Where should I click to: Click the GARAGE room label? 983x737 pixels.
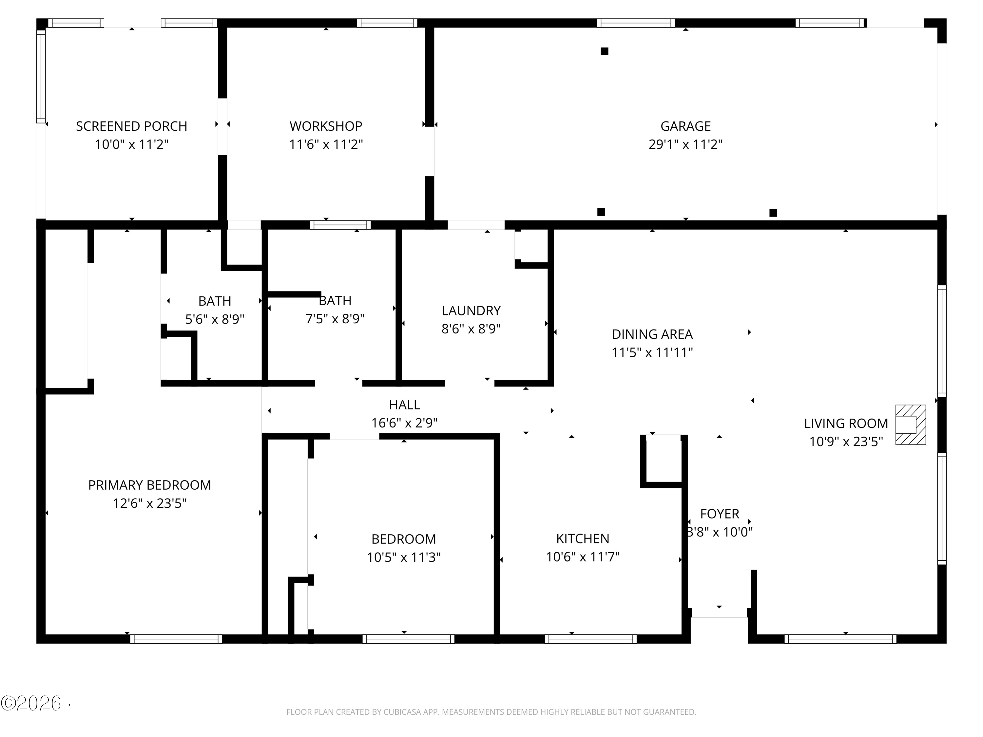685,126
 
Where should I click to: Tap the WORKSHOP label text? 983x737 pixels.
326,126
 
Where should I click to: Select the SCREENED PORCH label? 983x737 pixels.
131,126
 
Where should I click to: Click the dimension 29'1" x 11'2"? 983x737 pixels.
685,144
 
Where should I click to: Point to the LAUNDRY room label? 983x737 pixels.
471,311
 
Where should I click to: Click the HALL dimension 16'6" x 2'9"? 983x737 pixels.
404,423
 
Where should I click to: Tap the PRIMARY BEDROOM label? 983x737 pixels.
149,485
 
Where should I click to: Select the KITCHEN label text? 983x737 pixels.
583,539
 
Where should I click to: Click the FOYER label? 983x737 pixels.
720,514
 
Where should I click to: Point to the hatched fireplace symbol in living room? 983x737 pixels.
910,425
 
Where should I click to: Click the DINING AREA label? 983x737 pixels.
652,334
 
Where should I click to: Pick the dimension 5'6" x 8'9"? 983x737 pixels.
215,319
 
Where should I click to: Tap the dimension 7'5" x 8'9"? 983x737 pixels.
335,318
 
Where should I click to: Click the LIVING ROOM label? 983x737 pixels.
846,423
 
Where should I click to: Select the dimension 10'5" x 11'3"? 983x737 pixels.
403,557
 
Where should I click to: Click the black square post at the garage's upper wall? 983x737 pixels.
604,51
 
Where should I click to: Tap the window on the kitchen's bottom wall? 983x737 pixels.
590,639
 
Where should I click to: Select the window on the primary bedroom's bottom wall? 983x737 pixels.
176,639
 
